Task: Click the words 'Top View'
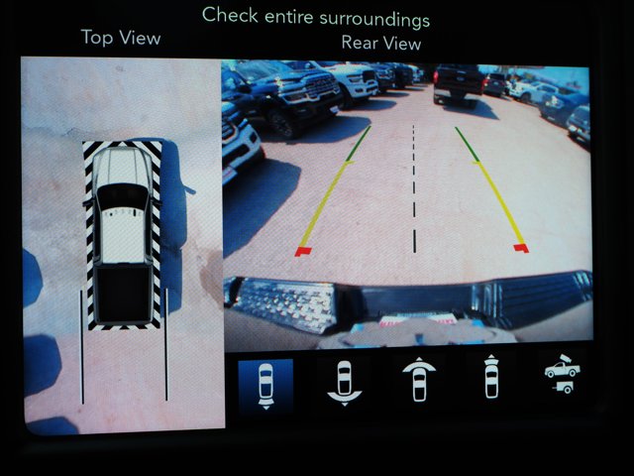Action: point(120,38)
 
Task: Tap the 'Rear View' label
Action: point(381,43)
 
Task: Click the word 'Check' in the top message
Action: point(229,17)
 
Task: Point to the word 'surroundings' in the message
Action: point(381,18)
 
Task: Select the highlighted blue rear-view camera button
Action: point(265,385)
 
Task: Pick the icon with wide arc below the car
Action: point(343,381)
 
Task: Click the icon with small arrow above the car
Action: point(490,378)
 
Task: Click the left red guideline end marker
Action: point(303,251)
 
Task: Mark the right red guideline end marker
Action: point(520,247)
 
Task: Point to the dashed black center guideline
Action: point(414,188)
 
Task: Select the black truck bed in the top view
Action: point(123,293)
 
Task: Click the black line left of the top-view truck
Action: point(81,347)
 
